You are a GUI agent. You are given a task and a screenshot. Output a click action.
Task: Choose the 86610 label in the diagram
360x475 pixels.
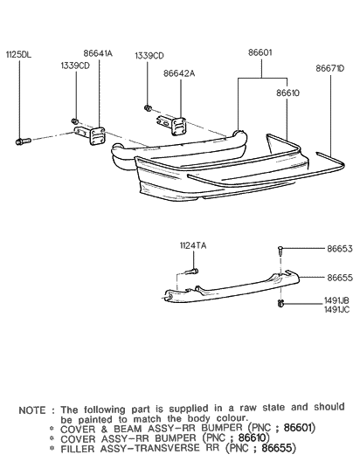(x=289, y=90)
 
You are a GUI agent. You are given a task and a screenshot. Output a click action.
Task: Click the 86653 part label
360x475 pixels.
(x=339, y=249)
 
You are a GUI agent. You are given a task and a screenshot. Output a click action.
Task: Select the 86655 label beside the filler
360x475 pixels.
(x=339, y=278)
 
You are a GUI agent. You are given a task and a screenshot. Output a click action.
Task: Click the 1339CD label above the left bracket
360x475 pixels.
(x=75, y=65)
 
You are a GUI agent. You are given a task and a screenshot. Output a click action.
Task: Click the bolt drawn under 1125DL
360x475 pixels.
(x=23, y=140)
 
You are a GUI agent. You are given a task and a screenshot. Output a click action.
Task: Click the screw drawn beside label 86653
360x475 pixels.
(x=279, y=251)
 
